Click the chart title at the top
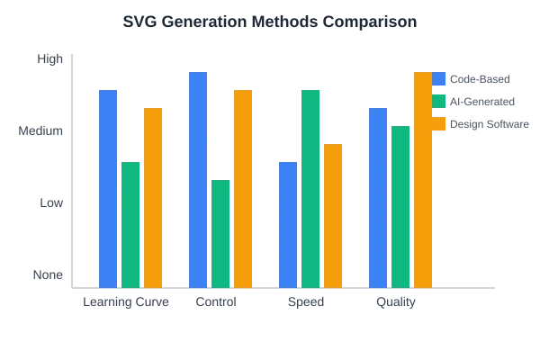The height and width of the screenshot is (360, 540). click(270, 20)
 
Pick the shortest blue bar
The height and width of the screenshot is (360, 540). click(288, 222)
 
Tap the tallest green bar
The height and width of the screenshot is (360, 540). click(311, 186)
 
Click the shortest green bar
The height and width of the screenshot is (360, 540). click(220, 232)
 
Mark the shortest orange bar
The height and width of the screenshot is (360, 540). click(334, 214)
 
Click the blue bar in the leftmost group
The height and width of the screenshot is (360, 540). click(108, 186)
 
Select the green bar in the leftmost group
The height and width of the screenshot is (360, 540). click(131, 222)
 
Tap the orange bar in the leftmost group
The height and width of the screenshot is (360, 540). click(154, 196)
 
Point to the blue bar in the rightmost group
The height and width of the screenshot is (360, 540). click(378, 196)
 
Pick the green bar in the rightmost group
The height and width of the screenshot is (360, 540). click(400, 204)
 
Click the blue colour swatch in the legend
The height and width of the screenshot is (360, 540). click(439, 79)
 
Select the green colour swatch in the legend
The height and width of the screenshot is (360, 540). click(439, 101)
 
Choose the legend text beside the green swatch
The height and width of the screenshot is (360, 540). click(482, 101)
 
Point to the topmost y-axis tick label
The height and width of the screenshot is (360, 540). click(49, 60)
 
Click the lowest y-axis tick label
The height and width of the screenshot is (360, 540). click(45, 272)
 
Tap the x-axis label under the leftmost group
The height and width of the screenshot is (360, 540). click(125, 303)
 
